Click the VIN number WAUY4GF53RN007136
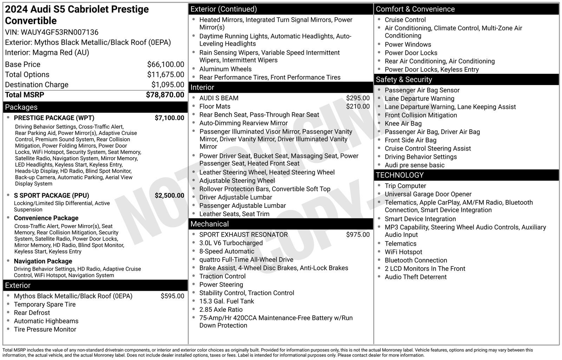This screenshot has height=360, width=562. tap(60, 32)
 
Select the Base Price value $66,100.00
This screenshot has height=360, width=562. tap(165, 64)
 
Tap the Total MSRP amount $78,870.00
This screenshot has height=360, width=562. tap(165, 95)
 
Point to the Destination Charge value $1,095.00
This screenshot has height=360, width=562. tap(168, 85)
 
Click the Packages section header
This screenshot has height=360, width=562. tap(21, 107)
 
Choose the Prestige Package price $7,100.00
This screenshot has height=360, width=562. tap(169, 118)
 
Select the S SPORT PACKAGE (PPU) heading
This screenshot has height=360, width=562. tap(51, 195)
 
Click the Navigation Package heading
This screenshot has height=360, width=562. tap(43, 261)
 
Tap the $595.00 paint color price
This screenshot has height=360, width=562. tap(172, 296)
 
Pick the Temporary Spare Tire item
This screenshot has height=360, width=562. tap(45, 304)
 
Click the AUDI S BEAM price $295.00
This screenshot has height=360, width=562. tap(358, 98)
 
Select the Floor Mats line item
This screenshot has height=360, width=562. tap(215, 107)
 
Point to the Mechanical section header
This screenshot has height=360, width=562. tap(209, 224)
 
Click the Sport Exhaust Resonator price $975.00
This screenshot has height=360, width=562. tap(358, 234)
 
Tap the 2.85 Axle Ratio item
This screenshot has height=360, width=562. tap(221, 310)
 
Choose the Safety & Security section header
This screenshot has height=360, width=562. tap(404, 80)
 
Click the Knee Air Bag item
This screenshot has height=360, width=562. tap(403, 123)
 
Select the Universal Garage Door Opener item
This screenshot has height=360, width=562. tap(428, 194)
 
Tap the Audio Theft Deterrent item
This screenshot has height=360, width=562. tap(416, 277)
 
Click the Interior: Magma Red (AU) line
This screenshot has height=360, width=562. tap(47, 53)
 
